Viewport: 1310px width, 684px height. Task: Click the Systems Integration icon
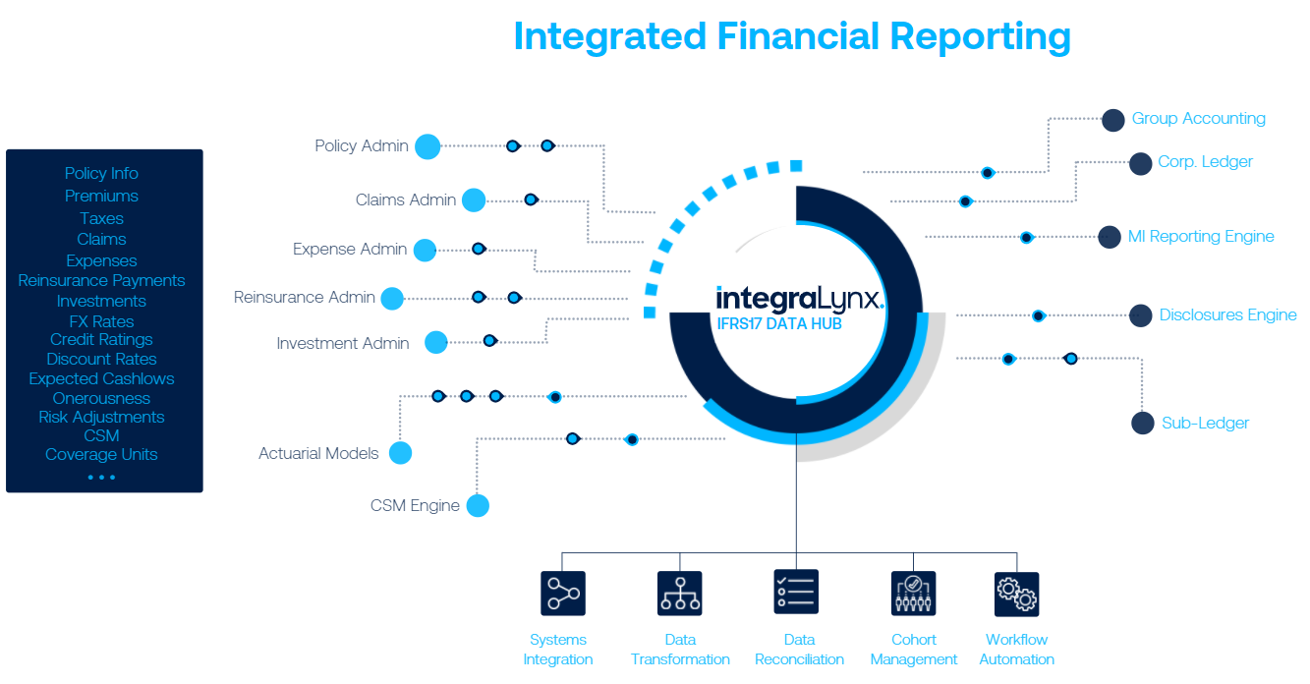562,594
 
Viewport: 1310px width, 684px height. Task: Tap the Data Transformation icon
679,594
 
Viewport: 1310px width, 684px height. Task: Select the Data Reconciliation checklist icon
796,593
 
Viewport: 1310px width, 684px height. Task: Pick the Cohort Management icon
913,594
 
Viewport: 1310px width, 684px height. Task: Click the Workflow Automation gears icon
1016,594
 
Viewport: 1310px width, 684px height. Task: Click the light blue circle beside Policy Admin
427,146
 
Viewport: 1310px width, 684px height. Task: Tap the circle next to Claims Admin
474,200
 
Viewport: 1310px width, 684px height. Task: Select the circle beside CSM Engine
478,506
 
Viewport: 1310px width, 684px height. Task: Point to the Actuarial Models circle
399,453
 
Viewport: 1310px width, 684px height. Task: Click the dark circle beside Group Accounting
1112,120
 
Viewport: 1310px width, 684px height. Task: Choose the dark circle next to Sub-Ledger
1142,423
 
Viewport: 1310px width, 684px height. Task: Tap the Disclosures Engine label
1227,315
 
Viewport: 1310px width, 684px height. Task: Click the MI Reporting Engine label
1200,237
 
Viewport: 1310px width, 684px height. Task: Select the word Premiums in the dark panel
101,196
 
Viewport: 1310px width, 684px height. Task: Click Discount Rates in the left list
101,359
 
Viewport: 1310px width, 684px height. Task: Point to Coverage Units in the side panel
101,454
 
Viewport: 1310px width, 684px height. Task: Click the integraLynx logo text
799,298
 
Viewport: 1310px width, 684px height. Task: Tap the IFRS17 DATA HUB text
778,323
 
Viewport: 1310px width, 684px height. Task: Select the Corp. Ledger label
1205,162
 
